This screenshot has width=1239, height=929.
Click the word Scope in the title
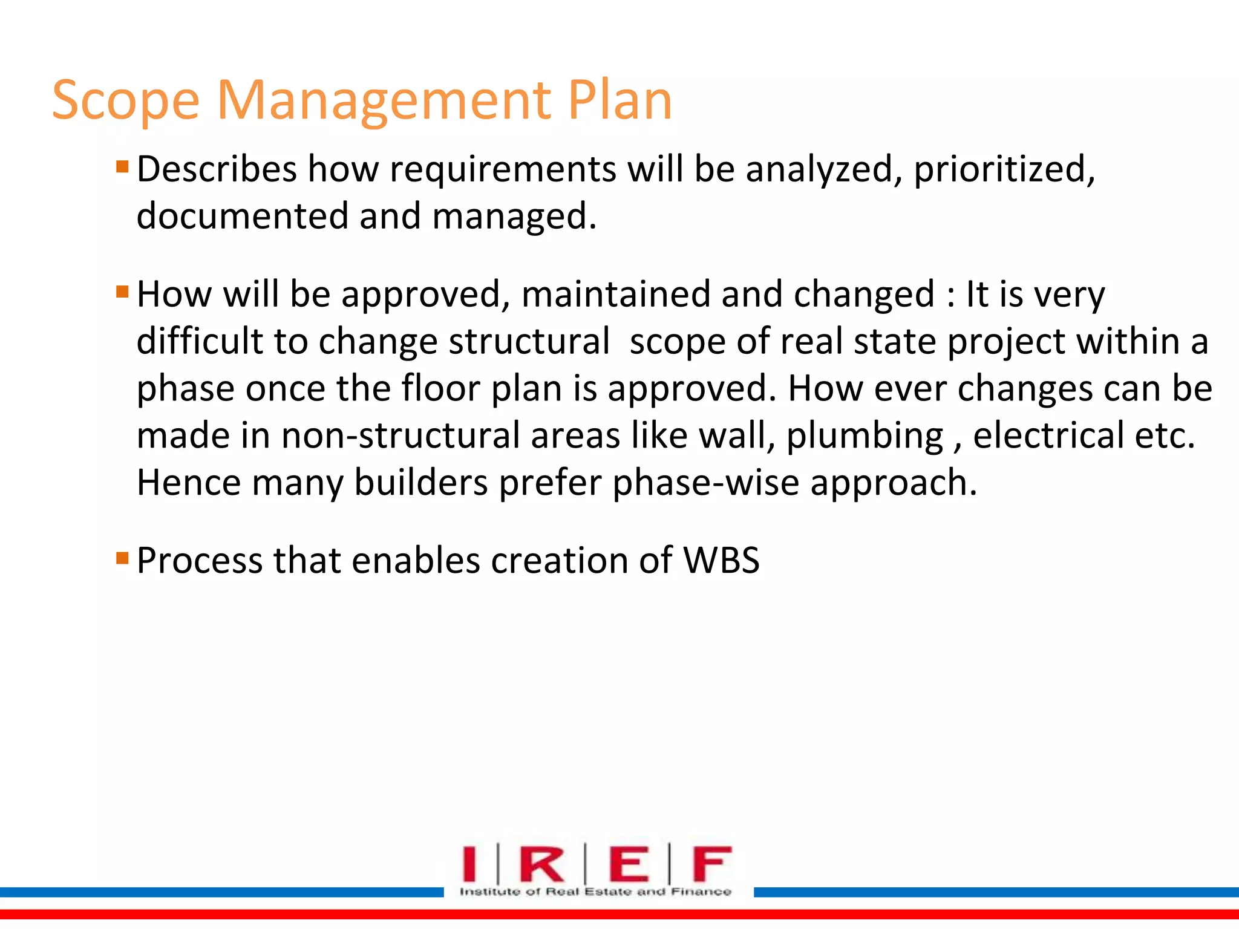pos(125,102)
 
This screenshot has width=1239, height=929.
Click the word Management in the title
pos(384,102)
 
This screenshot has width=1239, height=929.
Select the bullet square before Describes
pos(122,166)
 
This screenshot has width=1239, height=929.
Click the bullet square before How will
pos(122,292)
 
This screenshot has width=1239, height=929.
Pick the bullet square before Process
pos(122,557)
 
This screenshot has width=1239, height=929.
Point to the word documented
pos(243,216)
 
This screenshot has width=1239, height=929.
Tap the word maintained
pos(615,295)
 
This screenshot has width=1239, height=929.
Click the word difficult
pos(200,341)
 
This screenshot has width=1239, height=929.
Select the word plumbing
pos(865,437)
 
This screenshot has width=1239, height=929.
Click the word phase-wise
pos(705,484)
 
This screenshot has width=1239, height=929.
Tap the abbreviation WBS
pos(721,561)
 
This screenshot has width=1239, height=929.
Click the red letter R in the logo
pos(542,864)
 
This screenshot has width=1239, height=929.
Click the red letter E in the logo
pos(629,864)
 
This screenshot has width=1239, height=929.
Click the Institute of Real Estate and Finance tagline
pos(595,892)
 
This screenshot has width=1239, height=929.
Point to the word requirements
pos(503,170)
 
